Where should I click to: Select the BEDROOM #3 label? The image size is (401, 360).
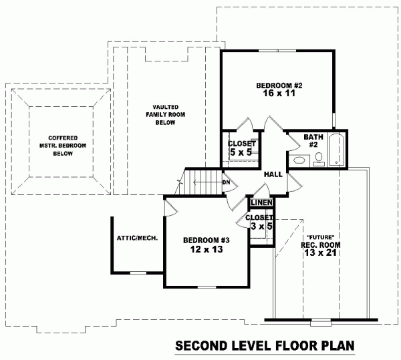(x=206, y=240)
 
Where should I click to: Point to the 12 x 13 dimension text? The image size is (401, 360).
(x=206, y=249)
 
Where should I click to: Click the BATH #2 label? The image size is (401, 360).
(x=313, y=140)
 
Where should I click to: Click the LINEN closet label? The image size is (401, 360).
(x=261, y=203)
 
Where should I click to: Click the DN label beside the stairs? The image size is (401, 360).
(x=227, y=182)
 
